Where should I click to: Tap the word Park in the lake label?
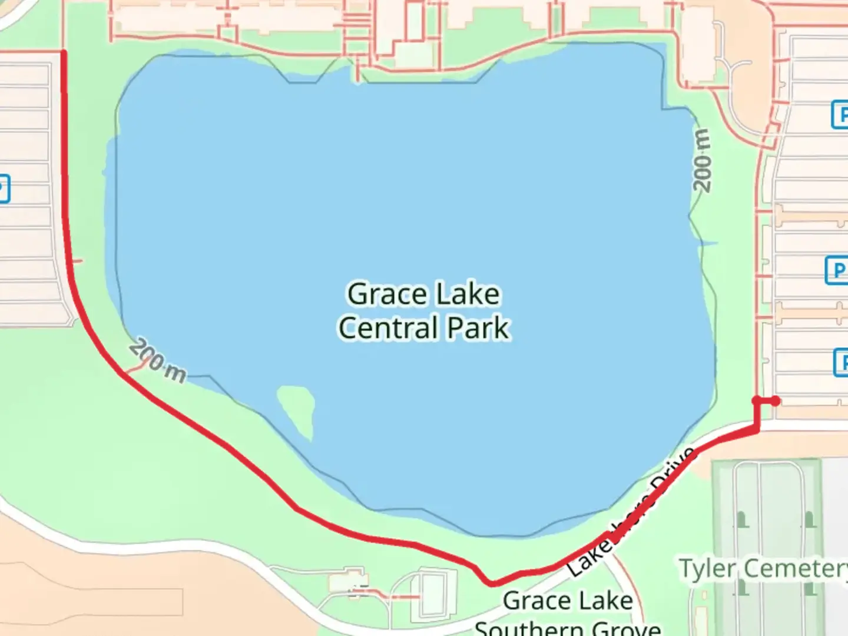tap(478, 328)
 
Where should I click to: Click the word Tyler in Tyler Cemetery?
tap(708, 568)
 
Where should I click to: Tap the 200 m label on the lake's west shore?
tap(157, 360)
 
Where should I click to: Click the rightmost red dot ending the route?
tap(776, 401)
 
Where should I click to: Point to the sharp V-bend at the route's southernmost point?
tap(491, 583)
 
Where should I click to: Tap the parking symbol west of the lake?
tap(3, 189)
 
